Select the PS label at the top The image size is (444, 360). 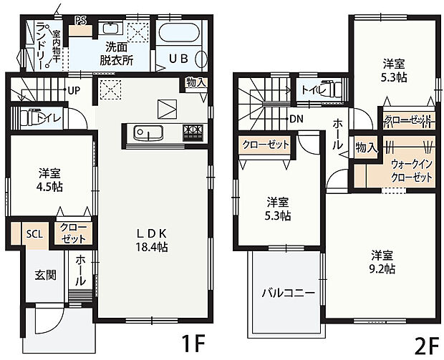79,20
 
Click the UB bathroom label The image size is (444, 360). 178,59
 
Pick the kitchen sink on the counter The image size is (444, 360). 148,133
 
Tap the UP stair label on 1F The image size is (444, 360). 73,91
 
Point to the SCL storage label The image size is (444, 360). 34,233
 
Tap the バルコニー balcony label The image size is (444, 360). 287,293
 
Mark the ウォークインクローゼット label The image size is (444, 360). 411,170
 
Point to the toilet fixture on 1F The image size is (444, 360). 30,117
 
